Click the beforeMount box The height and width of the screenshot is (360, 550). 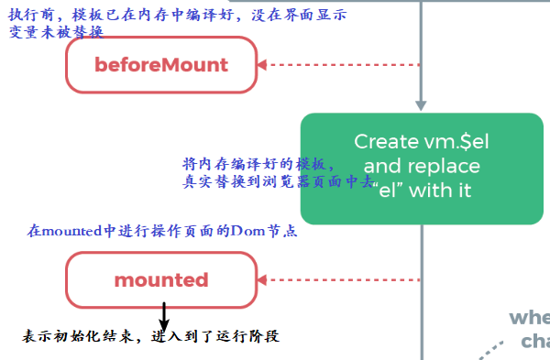click(x=161, y=65)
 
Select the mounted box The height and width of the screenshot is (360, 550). click(x=161, y=279)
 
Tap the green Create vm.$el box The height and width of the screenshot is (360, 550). click(x=421, y=168)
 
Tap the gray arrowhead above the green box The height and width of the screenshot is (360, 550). click(x=421, y=104)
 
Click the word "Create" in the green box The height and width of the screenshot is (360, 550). click(x=386, y=141)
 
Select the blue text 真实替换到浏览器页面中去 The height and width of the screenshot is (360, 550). click(x=275, y=181)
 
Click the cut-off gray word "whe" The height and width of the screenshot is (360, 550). click(x=530, y=318)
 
